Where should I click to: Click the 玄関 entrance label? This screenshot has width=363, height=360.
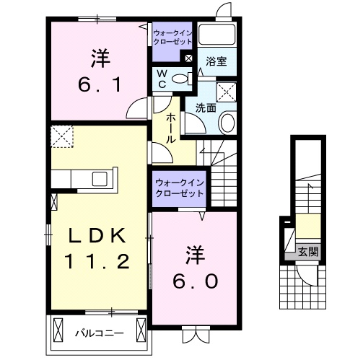tap(309, 252)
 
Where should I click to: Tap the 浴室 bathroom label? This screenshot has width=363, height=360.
tap(217, 62)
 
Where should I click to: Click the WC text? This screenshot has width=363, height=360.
tap(161, 79)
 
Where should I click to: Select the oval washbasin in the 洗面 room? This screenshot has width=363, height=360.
tap(227, 123)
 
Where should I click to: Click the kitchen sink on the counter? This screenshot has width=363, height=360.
tap(100, 177)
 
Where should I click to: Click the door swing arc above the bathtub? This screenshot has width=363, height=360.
tap(224, 11)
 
